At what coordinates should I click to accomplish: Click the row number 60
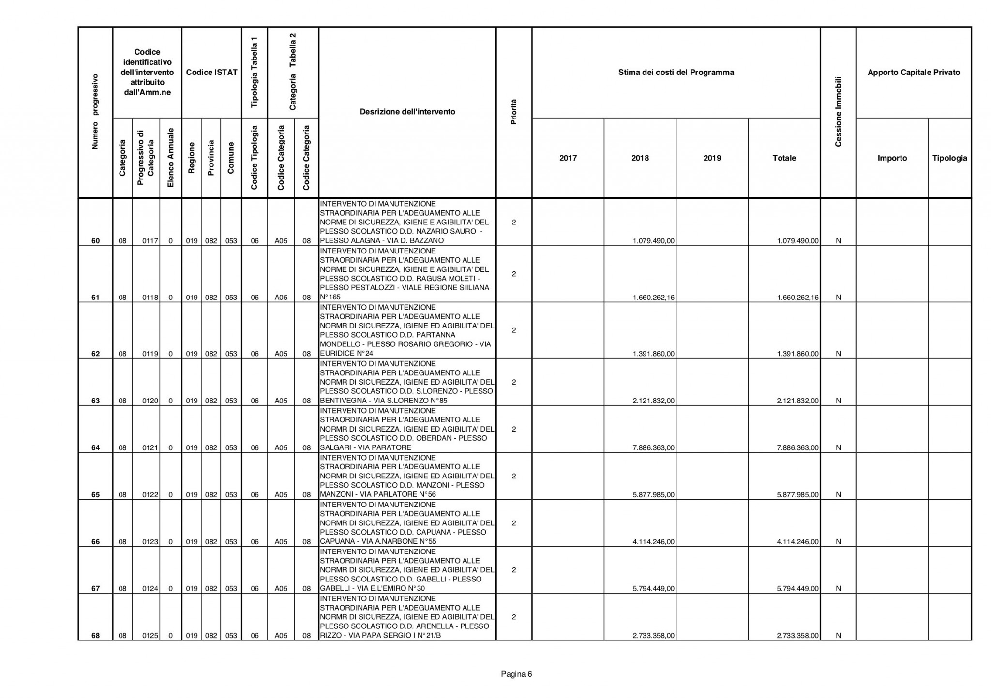tap(95, 241)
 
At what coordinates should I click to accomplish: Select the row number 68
tap(95, 636)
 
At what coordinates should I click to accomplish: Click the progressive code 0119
tap(150, 354)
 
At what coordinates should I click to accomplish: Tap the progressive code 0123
tap(150, 542)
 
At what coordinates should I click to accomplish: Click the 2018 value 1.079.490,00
tap(653, 241)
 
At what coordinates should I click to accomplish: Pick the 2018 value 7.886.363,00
tap(653, 448)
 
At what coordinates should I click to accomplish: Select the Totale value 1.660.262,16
tap(797, 298)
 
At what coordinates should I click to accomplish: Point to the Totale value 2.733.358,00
tap(797, 636)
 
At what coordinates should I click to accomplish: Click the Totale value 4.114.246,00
tap(797, 542)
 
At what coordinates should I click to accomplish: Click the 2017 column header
tap(568, 158)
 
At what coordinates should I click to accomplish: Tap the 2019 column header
tap(712, 158)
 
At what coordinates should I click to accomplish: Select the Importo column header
tap(892, 158)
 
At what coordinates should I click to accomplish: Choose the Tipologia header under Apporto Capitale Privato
tap(949, 158)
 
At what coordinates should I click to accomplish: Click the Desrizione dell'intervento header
tap(407, 112)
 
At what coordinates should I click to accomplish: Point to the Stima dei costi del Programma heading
tap(676, 73)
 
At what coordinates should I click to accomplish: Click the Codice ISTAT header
tap(211, 73)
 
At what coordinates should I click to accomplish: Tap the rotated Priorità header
tap(514, 112)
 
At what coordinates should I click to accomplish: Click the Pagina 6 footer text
tap(516, 674)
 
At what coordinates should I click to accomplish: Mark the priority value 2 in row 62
tap(514, 330)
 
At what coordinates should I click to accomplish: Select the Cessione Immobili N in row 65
tap(838, 495)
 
